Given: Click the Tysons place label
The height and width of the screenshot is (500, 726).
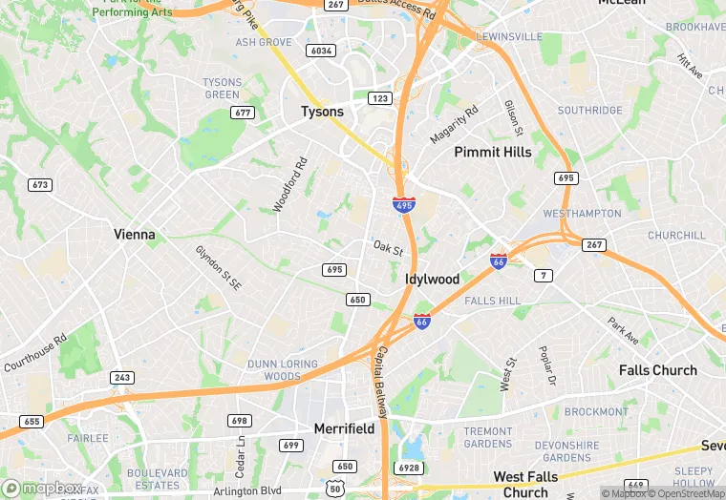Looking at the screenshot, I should (322, 112).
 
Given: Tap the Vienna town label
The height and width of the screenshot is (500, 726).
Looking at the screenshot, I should (134, 234).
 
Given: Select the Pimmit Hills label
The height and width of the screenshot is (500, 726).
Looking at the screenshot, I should (492, 152).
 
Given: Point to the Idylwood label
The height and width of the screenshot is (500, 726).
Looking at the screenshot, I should (432, 280).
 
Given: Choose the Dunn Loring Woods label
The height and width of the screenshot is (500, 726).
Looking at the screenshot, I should (288, 370).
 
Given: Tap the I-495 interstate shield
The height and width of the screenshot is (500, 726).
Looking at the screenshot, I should (403, 204).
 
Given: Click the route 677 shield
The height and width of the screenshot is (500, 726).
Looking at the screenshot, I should (243, 113).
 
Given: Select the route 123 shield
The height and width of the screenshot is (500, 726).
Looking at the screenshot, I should (380, 98).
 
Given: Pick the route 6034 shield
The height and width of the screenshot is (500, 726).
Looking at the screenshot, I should (321, 51).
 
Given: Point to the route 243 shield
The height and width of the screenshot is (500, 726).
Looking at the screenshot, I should (121, 378).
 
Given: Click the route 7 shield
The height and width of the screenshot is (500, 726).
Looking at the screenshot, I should (544, 276).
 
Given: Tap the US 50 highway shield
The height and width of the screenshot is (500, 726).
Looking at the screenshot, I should (335, 488).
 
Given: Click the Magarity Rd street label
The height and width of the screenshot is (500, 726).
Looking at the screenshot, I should (454, 125).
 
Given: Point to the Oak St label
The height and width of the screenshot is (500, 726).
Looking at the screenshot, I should (388, 249).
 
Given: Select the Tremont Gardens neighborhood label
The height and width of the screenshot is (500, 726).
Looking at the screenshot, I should (487, 437).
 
